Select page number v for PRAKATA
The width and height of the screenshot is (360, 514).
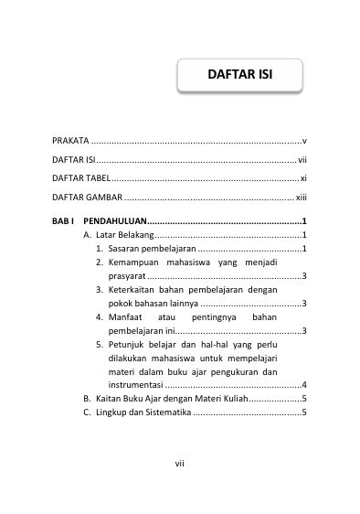click(303, 141)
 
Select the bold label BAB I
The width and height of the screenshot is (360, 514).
click(62, 221)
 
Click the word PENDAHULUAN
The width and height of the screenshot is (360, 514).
click(114, 221)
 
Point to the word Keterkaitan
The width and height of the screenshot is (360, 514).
click(132, 289)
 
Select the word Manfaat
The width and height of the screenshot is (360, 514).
click(127, 316)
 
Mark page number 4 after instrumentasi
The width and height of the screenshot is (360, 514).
click(303, 385)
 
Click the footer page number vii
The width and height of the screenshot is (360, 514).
click(180, 463)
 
